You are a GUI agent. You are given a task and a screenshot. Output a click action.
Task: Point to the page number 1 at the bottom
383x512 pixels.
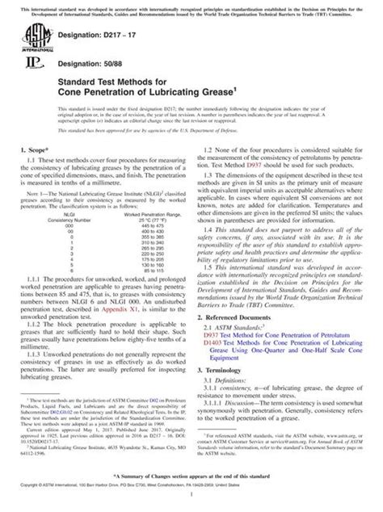[x=191, y=499]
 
